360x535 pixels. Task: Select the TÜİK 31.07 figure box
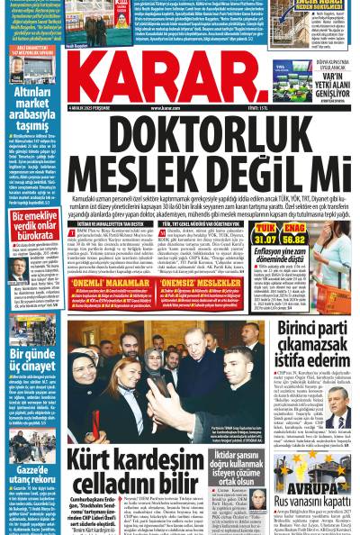point(265,236)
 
